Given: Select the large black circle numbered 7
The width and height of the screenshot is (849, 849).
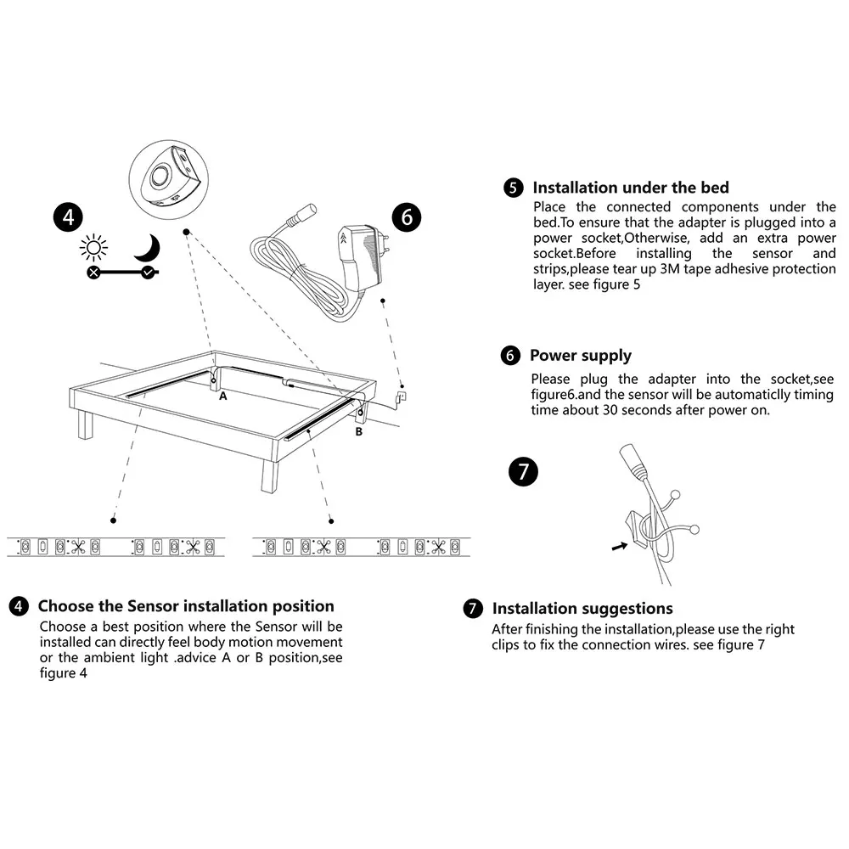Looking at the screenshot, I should (523, 472).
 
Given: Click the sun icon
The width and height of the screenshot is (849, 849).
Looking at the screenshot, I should (93, 248).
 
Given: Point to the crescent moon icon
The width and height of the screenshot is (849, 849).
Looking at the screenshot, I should (147, 248).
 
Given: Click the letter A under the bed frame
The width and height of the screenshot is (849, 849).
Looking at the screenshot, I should (223, 396).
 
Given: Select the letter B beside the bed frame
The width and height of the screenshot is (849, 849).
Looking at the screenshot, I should (358, 431).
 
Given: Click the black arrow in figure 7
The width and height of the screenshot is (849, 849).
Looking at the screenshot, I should (621, 548).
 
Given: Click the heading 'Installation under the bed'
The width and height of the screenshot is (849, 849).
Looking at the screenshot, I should (630, 188).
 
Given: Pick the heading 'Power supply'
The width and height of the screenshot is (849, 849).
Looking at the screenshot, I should (580, 356).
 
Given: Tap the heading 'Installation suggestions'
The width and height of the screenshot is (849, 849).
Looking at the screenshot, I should (582, 609).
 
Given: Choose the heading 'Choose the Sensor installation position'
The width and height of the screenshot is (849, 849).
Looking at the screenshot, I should (186, 606).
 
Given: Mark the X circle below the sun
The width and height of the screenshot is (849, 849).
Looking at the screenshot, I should (93, 273).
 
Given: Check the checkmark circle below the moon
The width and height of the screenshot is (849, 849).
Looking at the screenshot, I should (149, 273).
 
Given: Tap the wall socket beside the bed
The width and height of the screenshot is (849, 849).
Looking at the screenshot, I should (402, 394).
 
